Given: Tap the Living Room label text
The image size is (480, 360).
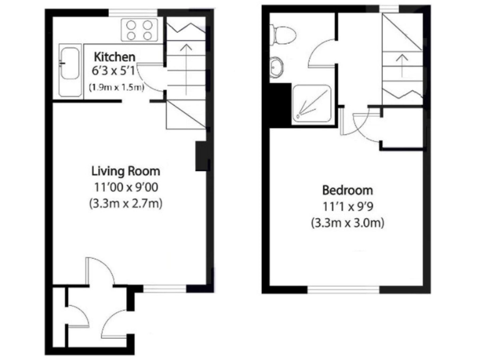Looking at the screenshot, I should point(126,171).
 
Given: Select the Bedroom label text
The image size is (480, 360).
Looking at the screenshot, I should point(347,190).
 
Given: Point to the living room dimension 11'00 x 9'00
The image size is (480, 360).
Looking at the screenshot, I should point(126,186).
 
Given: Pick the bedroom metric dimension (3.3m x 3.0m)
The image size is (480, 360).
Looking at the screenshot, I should point(347,222).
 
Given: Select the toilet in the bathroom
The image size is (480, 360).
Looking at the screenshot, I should point(281,34).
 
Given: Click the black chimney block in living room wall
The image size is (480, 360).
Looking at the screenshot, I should point(201,156).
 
